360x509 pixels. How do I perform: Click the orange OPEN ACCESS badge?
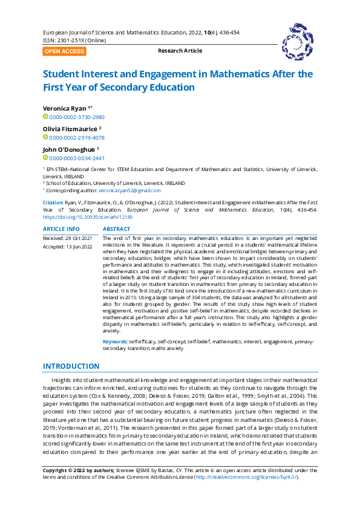pos(64,51)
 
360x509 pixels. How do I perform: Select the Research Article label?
pos(180,51)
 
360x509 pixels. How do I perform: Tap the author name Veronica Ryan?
pos(65,107)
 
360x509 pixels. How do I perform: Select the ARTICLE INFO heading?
pos(61,229)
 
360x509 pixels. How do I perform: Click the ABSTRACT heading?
pos(116,229)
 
